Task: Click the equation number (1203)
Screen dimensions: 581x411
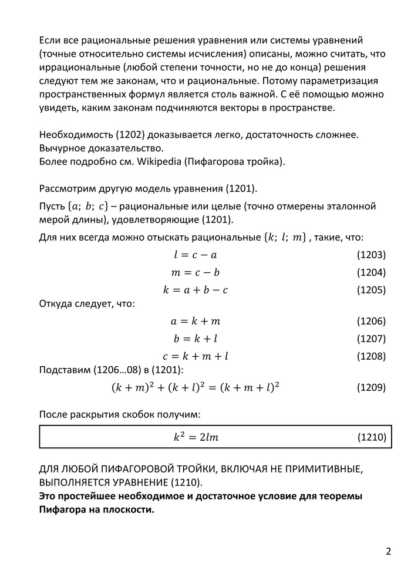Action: click(x=371, y=255)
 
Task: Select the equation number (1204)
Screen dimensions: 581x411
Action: click(x=371, y=272)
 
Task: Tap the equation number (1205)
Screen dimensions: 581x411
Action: click(x=371, y=290)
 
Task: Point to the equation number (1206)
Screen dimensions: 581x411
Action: click(x=371, y=321)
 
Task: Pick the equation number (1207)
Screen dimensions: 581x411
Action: click(x=371, y=339)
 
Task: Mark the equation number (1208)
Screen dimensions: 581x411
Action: click(x=371, y=356)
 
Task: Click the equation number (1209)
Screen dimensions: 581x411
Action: click(x=371, y=387)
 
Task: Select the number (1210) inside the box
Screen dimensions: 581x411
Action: click(x=371, y=437)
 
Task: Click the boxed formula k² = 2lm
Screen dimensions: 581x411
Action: click(x=196, y=437)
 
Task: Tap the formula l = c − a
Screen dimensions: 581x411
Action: click(x=196, y=255)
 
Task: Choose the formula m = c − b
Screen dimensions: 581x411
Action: click(x=196, y=272)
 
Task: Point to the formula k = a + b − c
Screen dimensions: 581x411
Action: click(x=196, y=290)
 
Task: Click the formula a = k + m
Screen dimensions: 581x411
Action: click(x=196, y=321)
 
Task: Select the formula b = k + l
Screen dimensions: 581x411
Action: click(x=196, y=339)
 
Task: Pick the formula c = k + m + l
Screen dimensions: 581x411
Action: click(x=196, y=356)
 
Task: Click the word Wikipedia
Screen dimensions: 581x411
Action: click(x=159, y=162)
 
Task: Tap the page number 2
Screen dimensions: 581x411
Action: click(x=388, y=551)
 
